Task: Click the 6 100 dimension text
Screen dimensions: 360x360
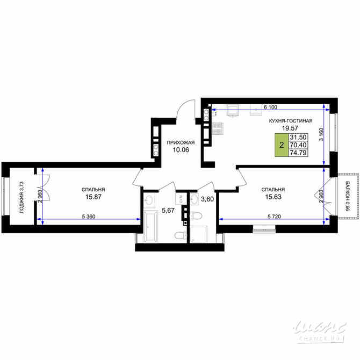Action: coord(272,107)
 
